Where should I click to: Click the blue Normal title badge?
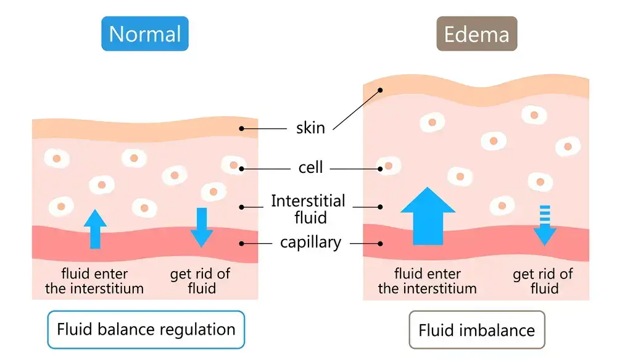145,33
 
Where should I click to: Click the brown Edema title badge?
476,33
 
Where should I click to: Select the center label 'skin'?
310,128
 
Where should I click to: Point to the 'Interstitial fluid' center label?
308,209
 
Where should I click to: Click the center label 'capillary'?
310,243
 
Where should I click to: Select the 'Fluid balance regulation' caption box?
146,329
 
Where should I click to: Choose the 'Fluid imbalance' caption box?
476,330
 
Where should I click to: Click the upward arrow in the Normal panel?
94,228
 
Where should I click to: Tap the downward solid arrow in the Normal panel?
201,227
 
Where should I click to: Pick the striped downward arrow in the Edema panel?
544,225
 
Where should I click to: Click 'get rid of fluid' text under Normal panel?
202,280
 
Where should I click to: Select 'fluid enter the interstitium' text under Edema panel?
427,280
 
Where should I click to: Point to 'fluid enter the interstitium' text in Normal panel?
94,280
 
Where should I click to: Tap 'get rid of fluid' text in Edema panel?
543,281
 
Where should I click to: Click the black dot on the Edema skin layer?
381,90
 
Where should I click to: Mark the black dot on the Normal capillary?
242,243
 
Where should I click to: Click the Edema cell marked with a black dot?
387,167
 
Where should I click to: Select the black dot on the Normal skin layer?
242,128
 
